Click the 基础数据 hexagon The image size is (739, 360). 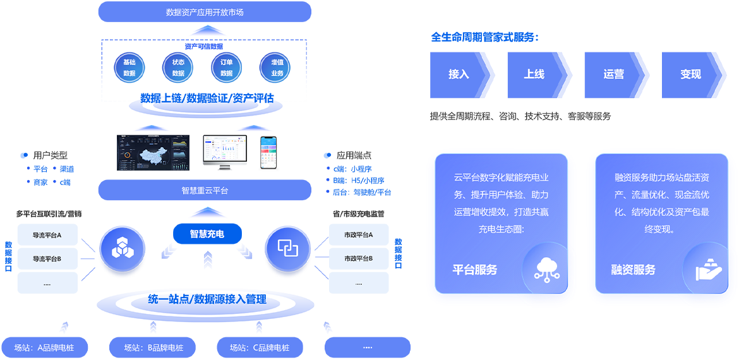pyautogui.click(x=129, y=68)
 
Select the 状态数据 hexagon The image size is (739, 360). pyautogui.click(x=178, y=68)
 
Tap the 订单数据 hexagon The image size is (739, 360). pyautogui.click(x=226, y=68)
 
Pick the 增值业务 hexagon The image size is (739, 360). pyautogui.click(x=277, y=68)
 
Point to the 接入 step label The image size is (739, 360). pyautogui.click(x=459, y=74)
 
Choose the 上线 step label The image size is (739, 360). pyautogui.click(x=534, y=74)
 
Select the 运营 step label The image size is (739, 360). pyautogui.click(x=613, y=74)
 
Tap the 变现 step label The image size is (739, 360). pyautogui.click(x=690, y=74)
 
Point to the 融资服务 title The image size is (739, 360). pyautogui.click(x=633, y=270)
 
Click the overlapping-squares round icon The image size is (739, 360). pyautogui.click(x=287, y=248)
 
